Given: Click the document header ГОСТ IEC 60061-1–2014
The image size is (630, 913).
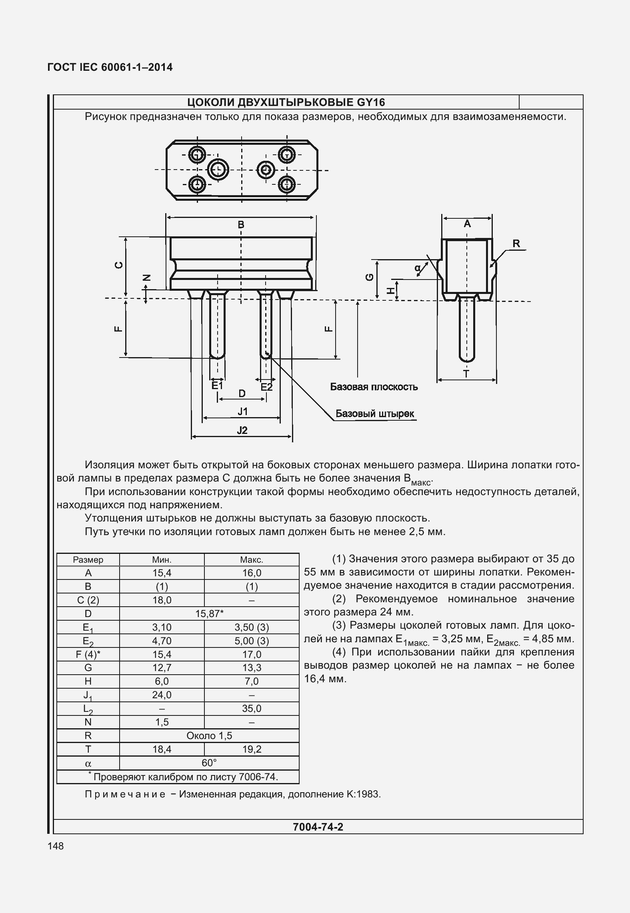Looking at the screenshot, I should pos(110,67).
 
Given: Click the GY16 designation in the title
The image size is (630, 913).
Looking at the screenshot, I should pos(370,103).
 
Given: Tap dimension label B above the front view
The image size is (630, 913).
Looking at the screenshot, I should pos(241,225).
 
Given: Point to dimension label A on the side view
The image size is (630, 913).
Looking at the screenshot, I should pos(467,224).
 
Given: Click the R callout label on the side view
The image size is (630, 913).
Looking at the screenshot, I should pos(516,244).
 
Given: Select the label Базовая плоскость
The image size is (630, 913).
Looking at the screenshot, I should pos(374,387).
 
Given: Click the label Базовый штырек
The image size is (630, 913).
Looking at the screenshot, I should pos(374,414).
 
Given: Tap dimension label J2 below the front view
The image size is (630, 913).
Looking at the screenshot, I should pos(242,430).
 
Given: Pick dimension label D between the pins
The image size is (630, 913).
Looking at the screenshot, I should pos(242,394).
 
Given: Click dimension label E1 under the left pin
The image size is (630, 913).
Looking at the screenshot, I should pos(217,386).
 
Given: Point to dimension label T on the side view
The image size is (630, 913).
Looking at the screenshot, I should pos(466,374).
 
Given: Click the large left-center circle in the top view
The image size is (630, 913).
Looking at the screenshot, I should pos(218,170).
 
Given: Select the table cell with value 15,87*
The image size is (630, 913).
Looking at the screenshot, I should pos(209,613).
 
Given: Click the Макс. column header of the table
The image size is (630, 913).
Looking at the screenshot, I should pos(252,560).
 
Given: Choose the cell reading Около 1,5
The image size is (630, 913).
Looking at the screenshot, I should pos(209,736).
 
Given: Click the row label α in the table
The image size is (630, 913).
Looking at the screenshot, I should pos(88,763).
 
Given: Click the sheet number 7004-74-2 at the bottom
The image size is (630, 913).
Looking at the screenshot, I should pos(318,827).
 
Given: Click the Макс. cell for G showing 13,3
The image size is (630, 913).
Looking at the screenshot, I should pos(252,668).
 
